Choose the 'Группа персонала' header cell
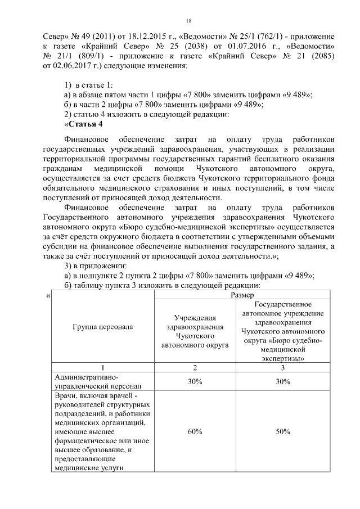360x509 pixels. pyautogui.click(x=102, y=326)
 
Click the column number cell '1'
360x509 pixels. pyautogui.click(x=102, y=368)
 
